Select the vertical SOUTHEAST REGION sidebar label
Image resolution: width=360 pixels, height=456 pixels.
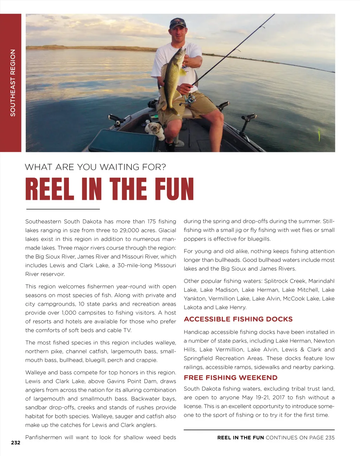pyautogui.click(x=13, y=83)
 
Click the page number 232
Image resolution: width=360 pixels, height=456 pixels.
pyautogui.click(x=16, y=443)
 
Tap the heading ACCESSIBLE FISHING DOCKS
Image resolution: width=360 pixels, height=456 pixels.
pyautogui.click(x=238, y=319)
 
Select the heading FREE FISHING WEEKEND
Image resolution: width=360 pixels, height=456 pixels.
pyautogui.click(x=230, y=378)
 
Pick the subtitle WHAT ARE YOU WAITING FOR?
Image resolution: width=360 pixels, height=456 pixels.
pyautogui.click(x=95, y=167)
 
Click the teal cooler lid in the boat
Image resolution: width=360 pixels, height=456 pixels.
pyautogui.click(x=123, y=141)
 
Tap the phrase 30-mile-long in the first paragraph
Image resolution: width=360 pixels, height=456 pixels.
pyautogui.click(x=136, y=265)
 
